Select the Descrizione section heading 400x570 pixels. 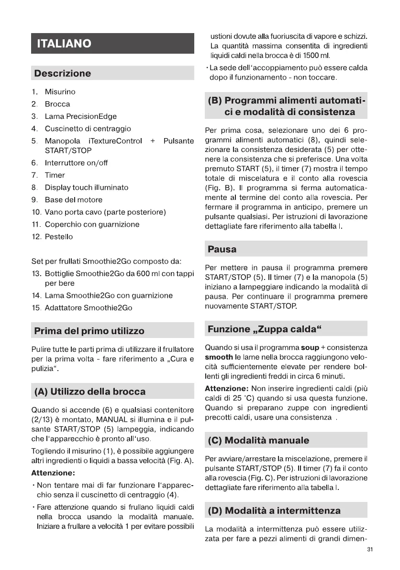click(x=62, y=73)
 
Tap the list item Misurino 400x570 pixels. click(x=60, y=92)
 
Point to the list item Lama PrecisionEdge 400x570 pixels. click(x=80, y=116)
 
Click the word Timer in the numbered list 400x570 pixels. click(x=55, y=175)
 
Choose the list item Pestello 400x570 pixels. click(x=59, y=236)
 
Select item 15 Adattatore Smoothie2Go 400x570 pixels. click(x=88, y=307)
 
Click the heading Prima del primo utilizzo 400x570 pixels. click(x=89, y=331)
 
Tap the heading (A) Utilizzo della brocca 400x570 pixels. click(x=89, y=391)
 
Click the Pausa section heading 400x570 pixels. click(x=222, y=249)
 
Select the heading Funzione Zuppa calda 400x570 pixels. click(x=264, y=329)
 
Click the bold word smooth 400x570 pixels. click(x=219, y=357)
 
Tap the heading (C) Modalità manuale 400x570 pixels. click(x=258, y=440)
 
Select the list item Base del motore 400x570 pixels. click(x=73, y=199)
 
